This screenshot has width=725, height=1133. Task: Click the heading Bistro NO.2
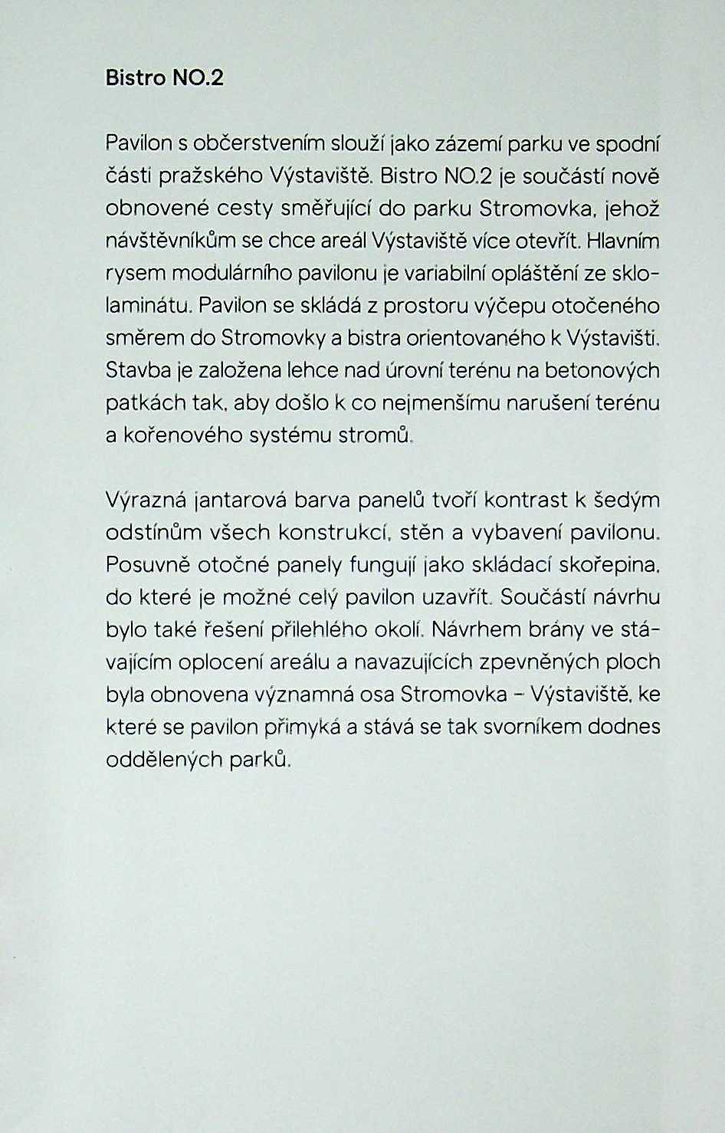pyautogui.click(x=165, y=78)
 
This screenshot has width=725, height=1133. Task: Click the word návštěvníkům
pyautogui.click(x=171, y=241)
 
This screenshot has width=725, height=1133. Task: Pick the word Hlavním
pyautogui.click(x=622, y=241)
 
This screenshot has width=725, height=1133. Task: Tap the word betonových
pyautogui.click(x=602, y=370)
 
